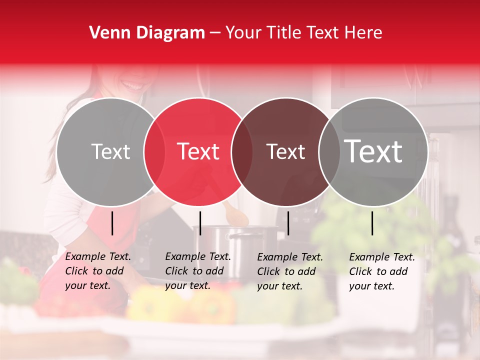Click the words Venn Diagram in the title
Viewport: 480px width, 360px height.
pos(147,33)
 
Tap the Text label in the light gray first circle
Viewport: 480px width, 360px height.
pos(111,152)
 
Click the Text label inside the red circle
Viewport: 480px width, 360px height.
pos(198,151)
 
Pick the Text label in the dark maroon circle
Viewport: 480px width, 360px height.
pos(285,152)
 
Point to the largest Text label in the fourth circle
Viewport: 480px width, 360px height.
pos(373,151)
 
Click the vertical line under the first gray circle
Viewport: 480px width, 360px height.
pos(112,223)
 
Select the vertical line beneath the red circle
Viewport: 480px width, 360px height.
pos(200,223)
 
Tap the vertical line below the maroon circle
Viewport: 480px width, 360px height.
pos(288,223)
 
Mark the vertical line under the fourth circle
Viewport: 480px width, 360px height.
pos(372,223)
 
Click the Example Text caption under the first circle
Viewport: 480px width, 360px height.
pos(98,271)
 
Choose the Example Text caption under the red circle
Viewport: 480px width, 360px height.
pos(198,271)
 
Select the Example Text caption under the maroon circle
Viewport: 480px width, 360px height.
pos(290,271)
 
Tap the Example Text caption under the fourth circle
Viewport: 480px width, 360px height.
pos(382,271)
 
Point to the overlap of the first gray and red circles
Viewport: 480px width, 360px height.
pos(154,152)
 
